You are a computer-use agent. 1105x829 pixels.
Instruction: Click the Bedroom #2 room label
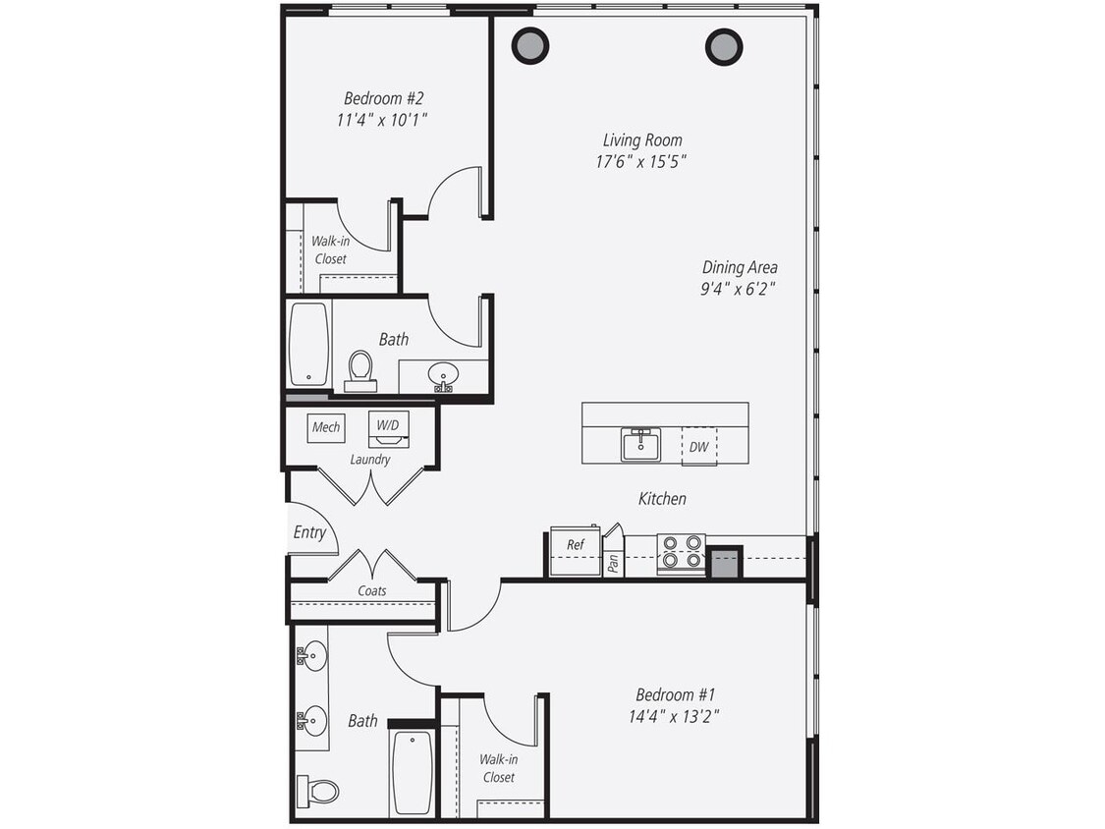click(383, 98)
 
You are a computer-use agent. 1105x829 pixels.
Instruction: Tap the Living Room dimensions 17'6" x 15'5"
click(640, 162)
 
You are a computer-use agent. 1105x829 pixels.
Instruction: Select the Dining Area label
click(740, 267)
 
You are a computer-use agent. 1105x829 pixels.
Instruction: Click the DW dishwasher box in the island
click(698, 447)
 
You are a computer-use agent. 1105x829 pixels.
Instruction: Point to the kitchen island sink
click(640, 445)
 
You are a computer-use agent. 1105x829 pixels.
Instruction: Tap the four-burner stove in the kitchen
click(681, 553)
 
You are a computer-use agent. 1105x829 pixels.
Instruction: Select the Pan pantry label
click(613, 562)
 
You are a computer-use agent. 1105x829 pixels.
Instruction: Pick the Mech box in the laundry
click(325, 427)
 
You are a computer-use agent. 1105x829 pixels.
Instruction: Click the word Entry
click(309, 532)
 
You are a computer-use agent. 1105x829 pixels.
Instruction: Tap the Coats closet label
click(371, 591)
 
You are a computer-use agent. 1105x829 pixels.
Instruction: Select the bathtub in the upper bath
click(308, 344)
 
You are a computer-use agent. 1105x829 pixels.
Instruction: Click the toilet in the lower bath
click(318, 790)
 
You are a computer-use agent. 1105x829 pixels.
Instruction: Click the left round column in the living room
click(530, 45)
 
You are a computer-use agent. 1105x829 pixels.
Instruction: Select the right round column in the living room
click(724, 46)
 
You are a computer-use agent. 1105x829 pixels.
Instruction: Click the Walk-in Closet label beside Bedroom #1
click(498, 768)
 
